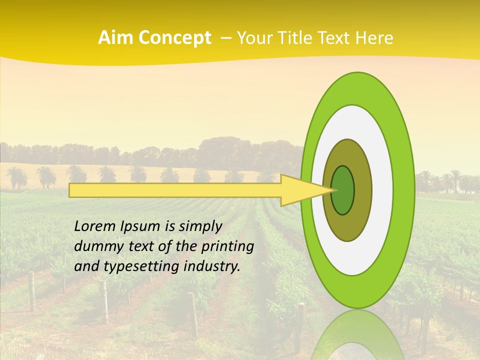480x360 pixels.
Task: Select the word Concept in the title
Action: tap(175, 38)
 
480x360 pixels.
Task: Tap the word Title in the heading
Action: tap(296, 38)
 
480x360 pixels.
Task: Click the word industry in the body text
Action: tap(211, 266)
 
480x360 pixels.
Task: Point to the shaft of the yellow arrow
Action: tap(175, 190)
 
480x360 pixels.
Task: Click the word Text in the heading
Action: tap(335, 38)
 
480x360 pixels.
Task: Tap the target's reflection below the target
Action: tap(357, 335)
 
